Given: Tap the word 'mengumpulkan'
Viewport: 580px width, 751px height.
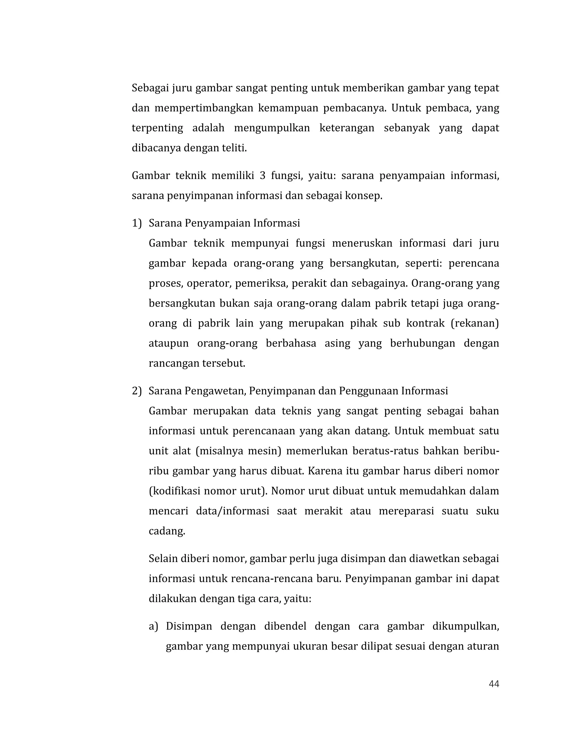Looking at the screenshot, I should point(272,128).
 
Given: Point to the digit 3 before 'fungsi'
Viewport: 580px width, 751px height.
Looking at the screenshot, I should point(263,176).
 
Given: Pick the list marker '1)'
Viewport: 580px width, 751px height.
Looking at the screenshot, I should point(137,224).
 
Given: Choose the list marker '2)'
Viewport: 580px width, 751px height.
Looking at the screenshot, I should point(137,391).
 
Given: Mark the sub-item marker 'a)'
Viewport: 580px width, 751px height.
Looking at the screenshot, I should point(153,626).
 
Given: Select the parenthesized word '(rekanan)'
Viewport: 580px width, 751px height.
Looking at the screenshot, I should point(474,324).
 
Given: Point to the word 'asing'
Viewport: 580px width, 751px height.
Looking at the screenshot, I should point(337,343).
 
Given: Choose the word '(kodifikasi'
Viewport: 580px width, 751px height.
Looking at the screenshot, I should point(174,491).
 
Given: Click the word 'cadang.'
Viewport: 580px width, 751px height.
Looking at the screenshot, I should point(167,531).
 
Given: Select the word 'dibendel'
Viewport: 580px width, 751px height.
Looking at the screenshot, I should point(285,626).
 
